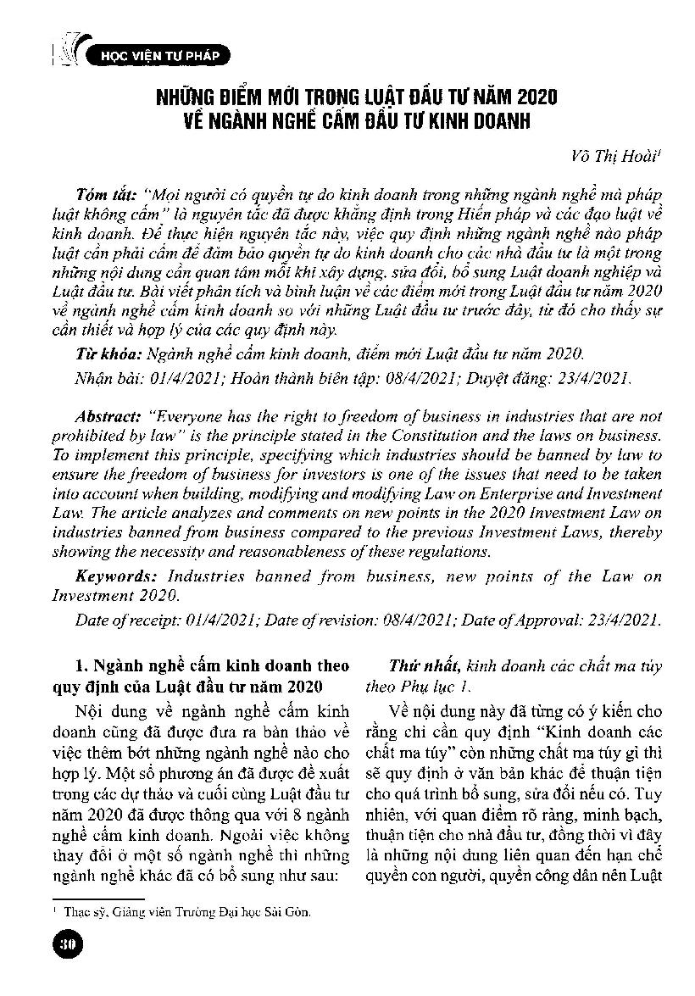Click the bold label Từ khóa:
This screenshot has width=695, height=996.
click(x=103, y=353)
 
